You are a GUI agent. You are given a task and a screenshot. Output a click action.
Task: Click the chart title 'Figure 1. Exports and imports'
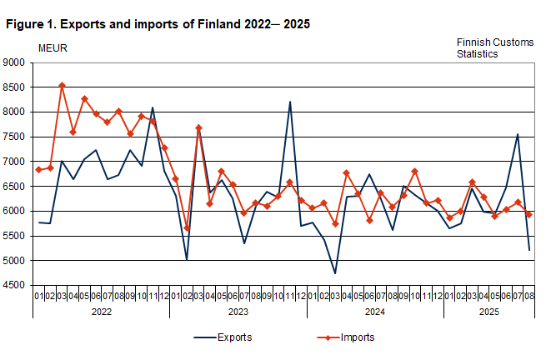[158, 24]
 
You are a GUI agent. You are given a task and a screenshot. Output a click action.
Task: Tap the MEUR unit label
[53, 47]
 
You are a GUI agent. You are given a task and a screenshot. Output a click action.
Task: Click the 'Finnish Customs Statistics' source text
[488, 47]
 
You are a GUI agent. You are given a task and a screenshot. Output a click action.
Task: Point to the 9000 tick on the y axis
[14, 62]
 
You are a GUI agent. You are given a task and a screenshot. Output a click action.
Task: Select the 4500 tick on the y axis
[14, 286]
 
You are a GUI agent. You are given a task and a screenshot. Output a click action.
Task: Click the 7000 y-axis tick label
[14, 162]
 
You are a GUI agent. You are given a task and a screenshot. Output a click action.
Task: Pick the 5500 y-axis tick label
[14, 237]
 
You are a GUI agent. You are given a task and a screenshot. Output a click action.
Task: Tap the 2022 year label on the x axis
[101, 311]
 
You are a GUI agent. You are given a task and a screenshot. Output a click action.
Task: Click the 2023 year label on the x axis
[238, 311]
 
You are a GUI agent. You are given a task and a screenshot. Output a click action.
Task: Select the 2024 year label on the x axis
[374, 311]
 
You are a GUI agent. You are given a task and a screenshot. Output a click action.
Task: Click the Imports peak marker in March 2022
[62, 85]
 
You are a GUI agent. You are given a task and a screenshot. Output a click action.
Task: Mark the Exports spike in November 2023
[289, 102]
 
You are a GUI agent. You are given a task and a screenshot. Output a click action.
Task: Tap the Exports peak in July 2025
[517, 134]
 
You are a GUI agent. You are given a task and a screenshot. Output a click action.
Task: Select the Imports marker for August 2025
[528, 214]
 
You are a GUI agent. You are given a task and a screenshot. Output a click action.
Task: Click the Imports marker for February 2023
[187, 227]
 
